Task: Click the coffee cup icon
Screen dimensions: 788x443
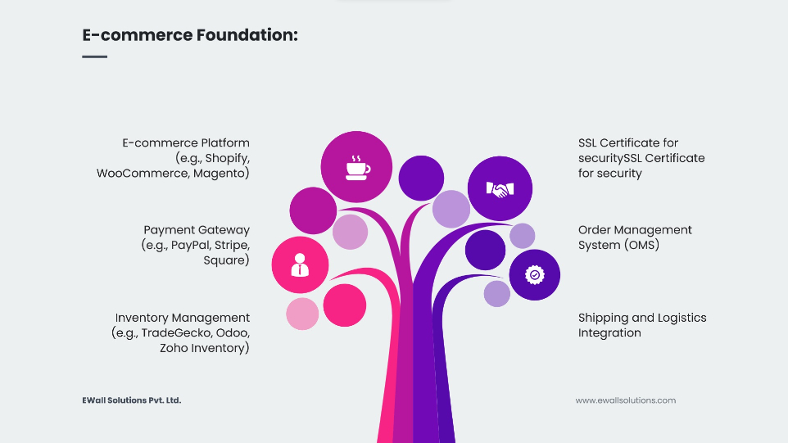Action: click(358, 168)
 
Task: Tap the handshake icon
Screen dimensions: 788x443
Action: click(500, 189)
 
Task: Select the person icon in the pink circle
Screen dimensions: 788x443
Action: click(300, 264)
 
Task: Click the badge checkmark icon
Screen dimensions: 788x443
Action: click(535, 275)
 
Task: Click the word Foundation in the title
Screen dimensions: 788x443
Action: click(247, 35)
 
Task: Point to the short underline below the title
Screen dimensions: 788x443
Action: click(94, 57)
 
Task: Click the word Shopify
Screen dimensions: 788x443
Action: click(227, 159)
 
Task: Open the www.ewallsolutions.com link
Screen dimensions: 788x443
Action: click(626, 400)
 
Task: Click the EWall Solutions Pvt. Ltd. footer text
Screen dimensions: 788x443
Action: click(132, 400)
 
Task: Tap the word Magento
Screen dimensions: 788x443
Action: click(221, 174)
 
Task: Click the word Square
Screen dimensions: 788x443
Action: click(226, 260)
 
